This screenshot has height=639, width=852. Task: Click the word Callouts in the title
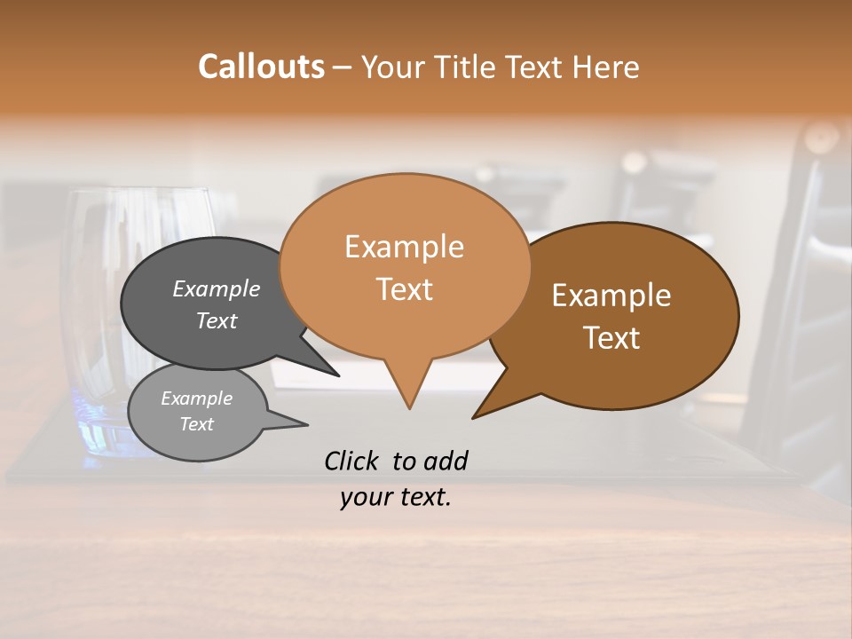tap(261, 67)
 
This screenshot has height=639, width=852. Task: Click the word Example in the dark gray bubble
tap(216, 288)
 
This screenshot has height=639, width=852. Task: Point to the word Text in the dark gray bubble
tap(216, 320)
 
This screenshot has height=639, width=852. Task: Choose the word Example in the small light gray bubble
tap(196, 398)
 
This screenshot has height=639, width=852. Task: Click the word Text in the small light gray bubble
tap(196, 424)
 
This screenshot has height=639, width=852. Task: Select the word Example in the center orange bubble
tap(404, 247)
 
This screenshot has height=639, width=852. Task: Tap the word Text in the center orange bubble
tap(404, 289)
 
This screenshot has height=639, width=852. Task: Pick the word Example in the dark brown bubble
tap(611, 296)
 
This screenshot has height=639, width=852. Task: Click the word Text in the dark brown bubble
tap(611, 338)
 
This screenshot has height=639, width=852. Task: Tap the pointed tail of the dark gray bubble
tap(335, 374)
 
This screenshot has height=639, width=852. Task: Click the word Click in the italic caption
tap(351, 461)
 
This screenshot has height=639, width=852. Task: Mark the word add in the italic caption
tap(446, 461)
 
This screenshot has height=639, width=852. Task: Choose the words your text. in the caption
tap(396, 498)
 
